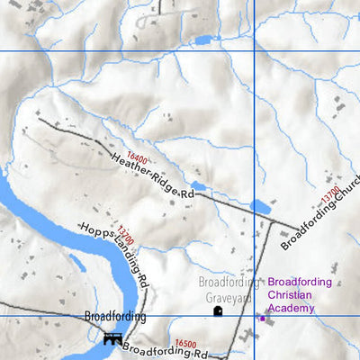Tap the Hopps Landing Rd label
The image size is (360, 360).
(x=114, y=253)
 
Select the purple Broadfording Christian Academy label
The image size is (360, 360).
(x=301, y=295)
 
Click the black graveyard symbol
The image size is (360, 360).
(x=217, y=311)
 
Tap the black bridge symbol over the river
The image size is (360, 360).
(x=112, y=338)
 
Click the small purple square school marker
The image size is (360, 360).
(x=262, y=318)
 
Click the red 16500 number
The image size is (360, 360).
(x=186, y=344)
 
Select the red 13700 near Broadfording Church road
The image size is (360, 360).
(x=330, y=194)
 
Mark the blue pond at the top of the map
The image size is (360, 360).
(x=200, y=40)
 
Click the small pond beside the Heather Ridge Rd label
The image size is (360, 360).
(x=198, y=186)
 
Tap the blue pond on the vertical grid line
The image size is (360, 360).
(x=260, y=207)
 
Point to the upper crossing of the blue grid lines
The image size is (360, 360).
(x=256, y=50)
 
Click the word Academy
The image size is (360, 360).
(x=291, y=309)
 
